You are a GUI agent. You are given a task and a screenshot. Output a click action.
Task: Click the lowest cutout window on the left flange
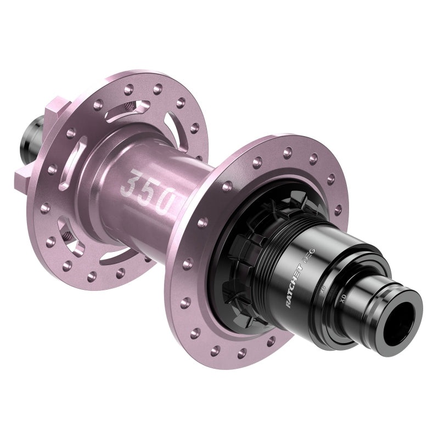pyautogui.click(x=118, y=254)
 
